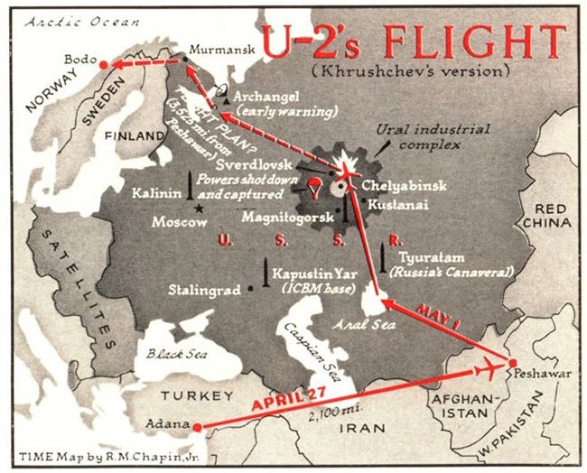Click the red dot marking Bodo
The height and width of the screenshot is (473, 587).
[x=104, y=65]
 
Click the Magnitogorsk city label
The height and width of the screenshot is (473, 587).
[x=288, y=218]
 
